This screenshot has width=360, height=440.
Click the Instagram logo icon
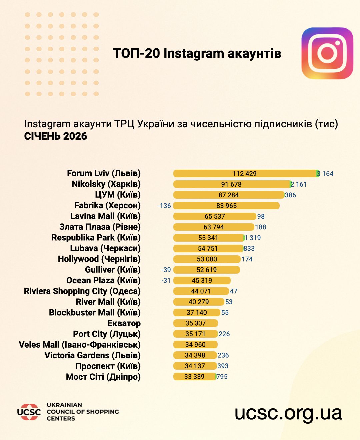click(327, 53)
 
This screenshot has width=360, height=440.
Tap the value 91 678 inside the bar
click(231, 184)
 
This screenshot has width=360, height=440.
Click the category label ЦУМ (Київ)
click(118, 195)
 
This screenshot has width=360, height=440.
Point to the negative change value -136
click(164, 206)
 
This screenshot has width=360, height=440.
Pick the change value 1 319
click(253, 238)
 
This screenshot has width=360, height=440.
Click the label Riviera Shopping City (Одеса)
click(82, 291)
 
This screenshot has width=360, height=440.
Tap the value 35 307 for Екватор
click(195, 323)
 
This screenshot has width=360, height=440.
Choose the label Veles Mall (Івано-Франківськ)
click(80, 345)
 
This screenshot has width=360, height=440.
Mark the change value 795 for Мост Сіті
click(222, 377)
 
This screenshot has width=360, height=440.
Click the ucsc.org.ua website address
click(288, 413)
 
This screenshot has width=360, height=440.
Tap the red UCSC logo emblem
click(29, 412)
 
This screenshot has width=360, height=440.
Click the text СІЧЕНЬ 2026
click(55, 136)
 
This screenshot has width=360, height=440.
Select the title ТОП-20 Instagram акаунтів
click(197, 53)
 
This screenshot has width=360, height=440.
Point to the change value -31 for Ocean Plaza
click(166, 280)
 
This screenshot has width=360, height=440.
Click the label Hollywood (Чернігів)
click(99, 259)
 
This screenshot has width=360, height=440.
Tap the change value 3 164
click(325, 174)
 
